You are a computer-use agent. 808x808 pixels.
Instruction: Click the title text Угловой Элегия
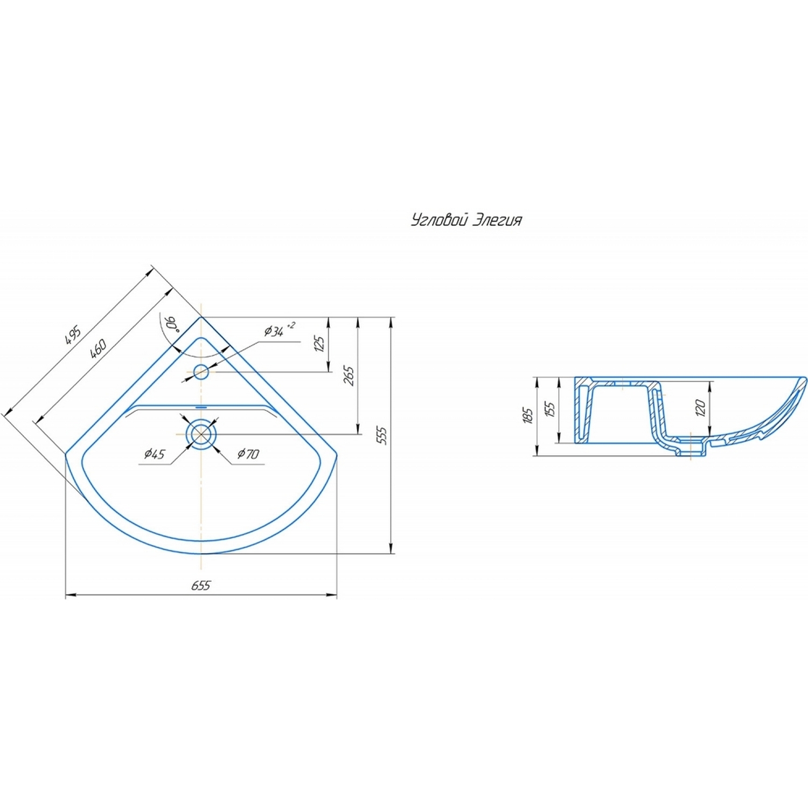[466, 220]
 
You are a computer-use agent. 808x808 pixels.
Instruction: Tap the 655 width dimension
[200, 586]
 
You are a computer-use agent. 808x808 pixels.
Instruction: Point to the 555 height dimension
[382, 435]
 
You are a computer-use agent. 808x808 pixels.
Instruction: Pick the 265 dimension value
[349, 375]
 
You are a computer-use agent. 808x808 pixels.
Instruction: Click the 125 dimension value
[319, 344]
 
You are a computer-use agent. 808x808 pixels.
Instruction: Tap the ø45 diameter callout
[155, 454]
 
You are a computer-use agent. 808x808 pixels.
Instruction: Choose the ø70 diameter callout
[248, 454]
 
